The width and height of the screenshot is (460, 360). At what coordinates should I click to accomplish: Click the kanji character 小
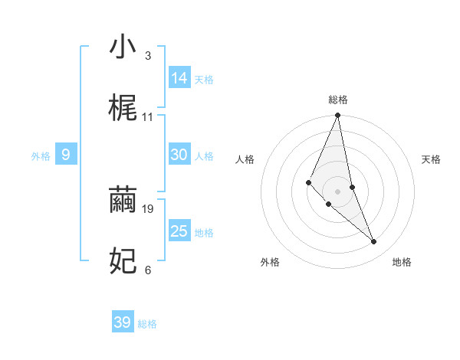[123, 47]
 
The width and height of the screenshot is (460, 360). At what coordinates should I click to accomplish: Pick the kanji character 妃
[123, 261]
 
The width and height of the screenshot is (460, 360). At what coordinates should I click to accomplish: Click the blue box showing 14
[179, 78]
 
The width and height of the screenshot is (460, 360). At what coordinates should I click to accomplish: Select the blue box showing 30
[179, 155]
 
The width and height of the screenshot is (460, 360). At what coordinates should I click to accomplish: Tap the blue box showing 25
[179, 231]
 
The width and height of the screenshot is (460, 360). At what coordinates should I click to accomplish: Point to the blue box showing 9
[66, 155]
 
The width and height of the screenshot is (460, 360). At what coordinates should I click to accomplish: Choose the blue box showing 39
[123, 322]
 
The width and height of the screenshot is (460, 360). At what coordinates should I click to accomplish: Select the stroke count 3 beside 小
[147, 56]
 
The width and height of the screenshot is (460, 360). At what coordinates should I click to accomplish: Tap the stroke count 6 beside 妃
[147, 270]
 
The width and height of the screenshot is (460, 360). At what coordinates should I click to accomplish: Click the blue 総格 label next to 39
[147, 324]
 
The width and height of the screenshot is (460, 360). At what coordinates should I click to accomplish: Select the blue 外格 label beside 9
[41, 156]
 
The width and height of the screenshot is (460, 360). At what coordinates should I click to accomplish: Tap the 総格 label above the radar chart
[338, 100]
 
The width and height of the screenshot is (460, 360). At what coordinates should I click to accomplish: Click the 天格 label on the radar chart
[432, 159]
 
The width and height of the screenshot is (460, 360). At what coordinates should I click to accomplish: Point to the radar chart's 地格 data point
[374, 242]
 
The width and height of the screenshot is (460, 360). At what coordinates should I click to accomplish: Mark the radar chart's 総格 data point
[338, 116]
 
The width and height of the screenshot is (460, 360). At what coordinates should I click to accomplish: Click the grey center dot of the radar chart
[338, 191]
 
